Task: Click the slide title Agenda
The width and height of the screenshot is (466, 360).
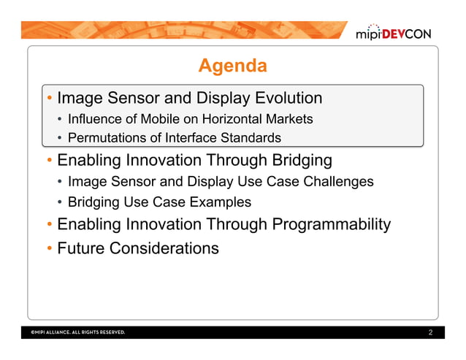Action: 232,66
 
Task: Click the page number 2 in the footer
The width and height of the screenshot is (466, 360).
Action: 431,333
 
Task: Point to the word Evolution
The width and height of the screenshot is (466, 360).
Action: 288,98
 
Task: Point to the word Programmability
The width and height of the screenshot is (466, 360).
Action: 331,224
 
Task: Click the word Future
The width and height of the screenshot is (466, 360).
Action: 80,248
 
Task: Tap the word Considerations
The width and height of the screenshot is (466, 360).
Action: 164,248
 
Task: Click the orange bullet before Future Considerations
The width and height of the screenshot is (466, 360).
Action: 48,248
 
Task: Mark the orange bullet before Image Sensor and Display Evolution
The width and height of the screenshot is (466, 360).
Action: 48,98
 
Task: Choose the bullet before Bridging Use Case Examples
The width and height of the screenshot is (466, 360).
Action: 60,202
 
